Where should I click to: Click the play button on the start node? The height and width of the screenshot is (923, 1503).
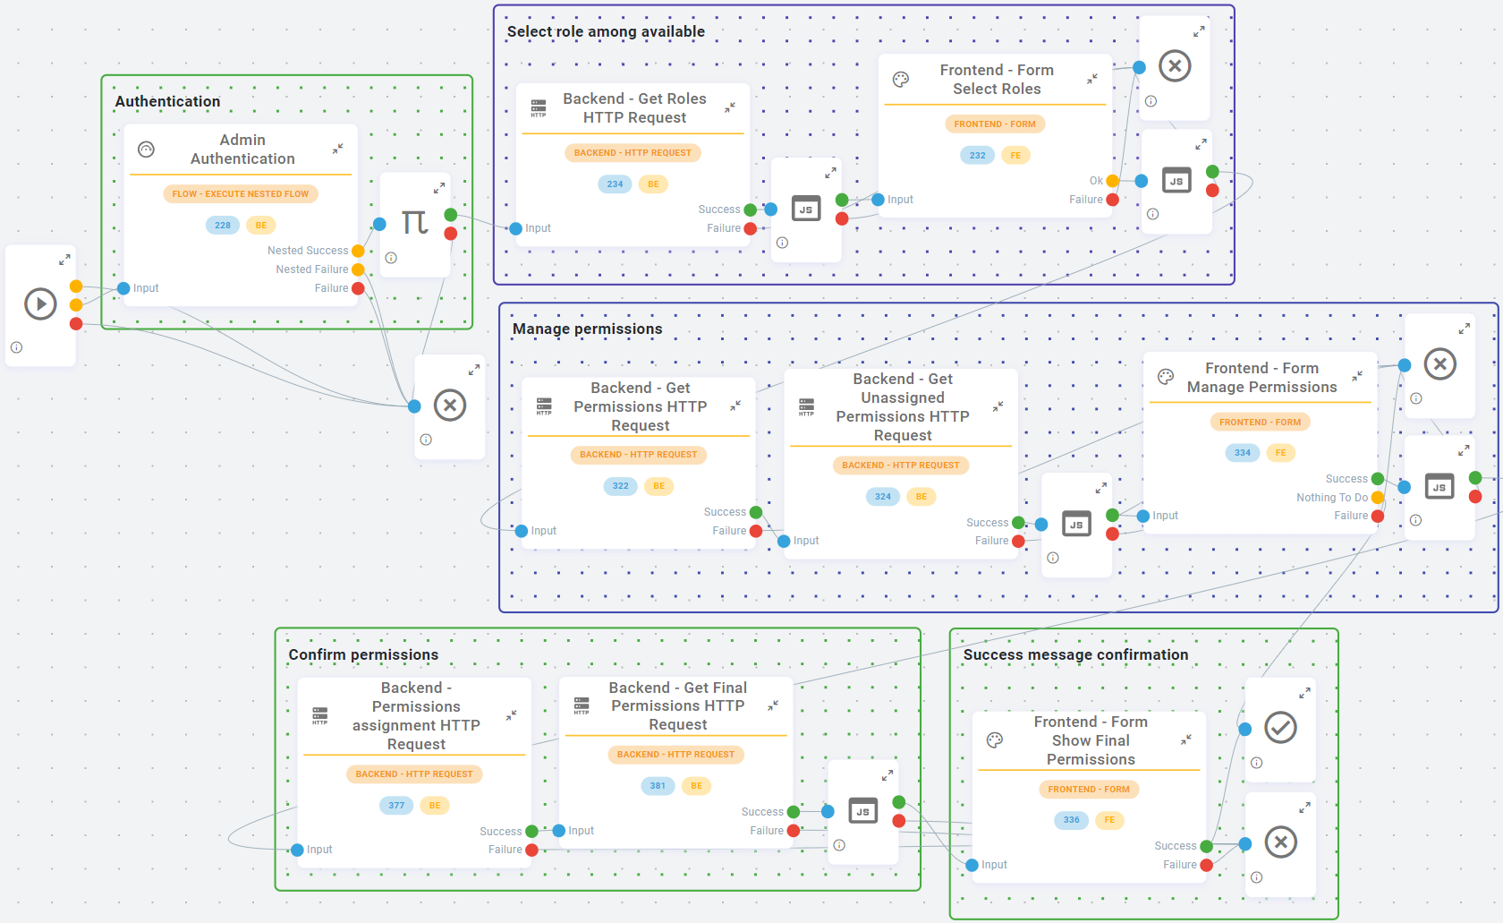click(x=40, y=304)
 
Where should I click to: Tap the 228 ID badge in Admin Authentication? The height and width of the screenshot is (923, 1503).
click(x=223, y=226)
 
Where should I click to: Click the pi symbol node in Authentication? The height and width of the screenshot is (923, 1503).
click(x=414, y=222)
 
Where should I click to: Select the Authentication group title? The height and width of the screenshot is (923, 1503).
click(x=167, y=101)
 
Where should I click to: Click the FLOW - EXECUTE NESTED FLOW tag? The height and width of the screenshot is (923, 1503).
click(x=240, y=193)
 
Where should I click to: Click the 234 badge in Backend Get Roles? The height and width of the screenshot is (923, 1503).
click(x=615, y=184)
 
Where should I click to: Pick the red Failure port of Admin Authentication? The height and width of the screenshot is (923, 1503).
click(x=358, y=288)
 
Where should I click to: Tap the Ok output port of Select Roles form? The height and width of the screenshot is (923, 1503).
click(x=1112, y=181)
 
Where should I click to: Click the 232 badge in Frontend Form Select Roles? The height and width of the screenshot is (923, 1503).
click(x=977, y=156)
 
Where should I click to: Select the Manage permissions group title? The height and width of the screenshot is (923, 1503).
click(x=587, y=329)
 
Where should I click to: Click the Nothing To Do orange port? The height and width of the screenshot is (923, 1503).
click(x=1378, y=498)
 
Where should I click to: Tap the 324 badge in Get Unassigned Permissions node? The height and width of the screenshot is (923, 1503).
click(x=883, y=497)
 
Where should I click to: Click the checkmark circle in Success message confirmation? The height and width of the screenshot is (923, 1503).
click(x=1280, y=727)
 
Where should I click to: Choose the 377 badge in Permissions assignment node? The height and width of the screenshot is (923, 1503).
click(x=396, y=806)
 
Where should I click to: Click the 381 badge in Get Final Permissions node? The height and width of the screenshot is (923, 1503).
click(x=658, y=786)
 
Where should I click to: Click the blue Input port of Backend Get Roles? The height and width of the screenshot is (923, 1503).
click(x=515, y=229)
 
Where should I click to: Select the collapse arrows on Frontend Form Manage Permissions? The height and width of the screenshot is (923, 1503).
click(x=1357, y=376)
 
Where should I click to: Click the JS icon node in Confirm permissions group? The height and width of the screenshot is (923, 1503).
click(x=862, y=811)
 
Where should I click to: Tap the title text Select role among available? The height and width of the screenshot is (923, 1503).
click(x=606, y=31)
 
